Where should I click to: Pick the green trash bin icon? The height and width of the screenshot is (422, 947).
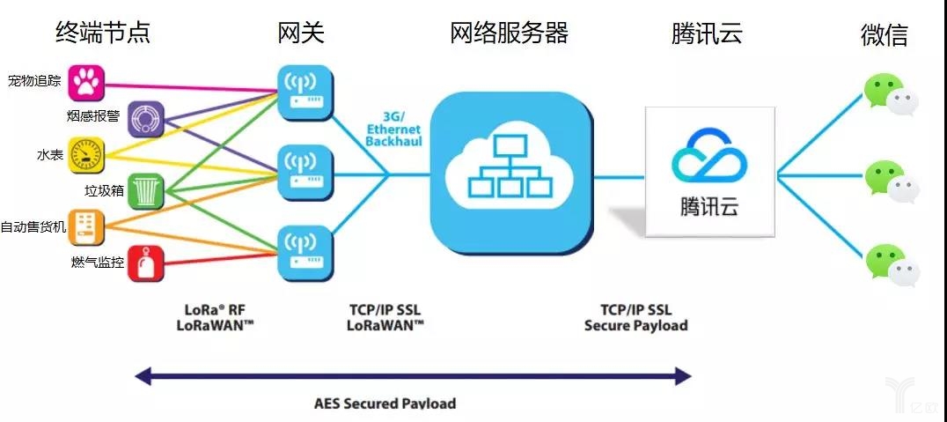(x=144, y=190)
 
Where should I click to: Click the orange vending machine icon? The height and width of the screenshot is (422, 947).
(x=85, y=226)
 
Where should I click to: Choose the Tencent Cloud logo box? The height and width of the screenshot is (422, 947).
(x=709, y=171)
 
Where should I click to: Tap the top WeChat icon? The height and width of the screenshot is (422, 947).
(x=889, y=94)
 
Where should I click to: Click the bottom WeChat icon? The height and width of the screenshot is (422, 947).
(x=889, y=264)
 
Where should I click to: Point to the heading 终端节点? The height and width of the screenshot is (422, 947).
(x=103, y=33)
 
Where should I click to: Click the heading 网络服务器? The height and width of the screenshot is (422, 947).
(x=509, y=33)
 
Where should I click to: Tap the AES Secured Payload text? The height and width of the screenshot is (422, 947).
(x=385, y=403)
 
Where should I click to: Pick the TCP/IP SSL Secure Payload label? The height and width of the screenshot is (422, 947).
(x=635, y=317)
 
